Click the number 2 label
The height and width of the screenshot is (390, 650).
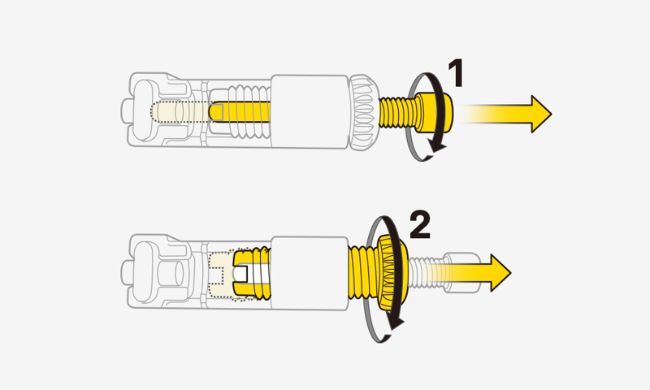coord(418,223)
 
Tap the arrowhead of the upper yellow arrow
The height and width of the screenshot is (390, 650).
coord(539,113)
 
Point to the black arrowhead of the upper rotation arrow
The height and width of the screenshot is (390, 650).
coord(439,144)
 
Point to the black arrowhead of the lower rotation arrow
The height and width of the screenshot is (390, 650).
coord(396,323)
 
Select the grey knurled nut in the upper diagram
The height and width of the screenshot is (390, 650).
coord(362,112)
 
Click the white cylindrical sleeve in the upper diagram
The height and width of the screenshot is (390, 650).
coord(310,112)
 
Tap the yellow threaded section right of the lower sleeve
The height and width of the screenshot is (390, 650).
coord(362,271)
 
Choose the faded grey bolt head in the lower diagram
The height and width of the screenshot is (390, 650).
coord(461,270)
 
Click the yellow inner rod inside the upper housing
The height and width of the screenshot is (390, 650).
coord(244,112)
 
